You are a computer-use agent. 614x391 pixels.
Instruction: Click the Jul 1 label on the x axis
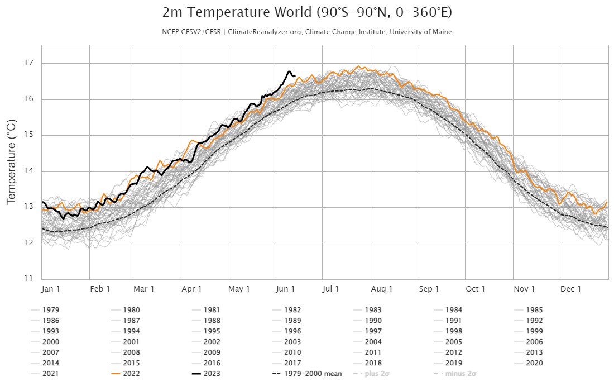coord(330,289)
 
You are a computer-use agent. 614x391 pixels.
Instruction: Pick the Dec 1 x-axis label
coord(570,289)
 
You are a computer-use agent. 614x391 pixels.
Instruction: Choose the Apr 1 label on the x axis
coord(191,289)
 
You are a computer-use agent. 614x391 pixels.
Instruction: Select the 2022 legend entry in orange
coord(131,374)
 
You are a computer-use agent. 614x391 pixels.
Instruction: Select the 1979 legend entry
coord(51,310)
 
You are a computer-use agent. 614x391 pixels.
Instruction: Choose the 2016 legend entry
coord(212,363)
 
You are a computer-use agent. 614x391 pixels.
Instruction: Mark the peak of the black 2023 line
coord(289,71)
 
